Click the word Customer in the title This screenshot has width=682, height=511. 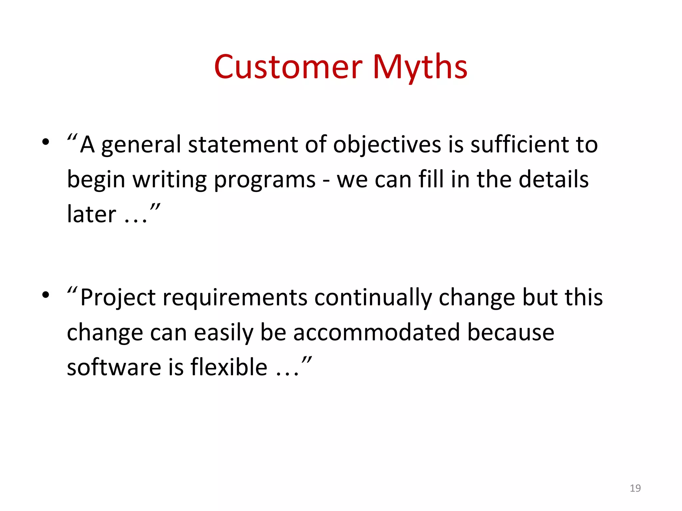coord(288,67)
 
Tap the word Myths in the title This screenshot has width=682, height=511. coord(420,67)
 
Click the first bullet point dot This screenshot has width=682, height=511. coord(46,142)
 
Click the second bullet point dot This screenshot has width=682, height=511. coord(46,295)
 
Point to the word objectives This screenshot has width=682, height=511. coord(387,145)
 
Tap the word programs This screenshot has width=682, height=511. coord(265,180)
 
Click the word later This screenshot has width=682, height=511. coord(91,215)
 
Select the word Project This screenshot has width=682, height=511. coord(118,298)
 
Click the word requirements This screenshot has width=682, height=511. coord(235,298)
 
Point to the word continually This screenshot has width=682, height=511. coord(373,298)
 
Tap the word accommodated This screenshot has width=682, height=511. coord(377,332)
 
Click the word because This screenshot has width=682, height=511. coord(511,332)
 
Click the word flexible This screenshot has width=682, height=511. coord(229,367)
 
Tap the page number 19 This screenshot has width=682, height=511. coord(635,488)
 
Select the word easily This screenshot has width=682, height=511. coord(223,332)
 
